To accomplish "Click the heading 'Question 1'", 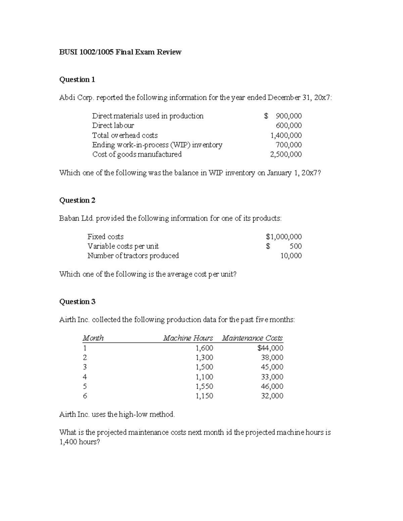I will pyautogui.click(x=77, y=80).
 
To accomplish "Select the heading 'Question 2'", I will pyautogui.click(x=77, y=200).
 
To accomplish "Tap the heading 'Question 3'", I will pyautogui.click(x=77, y=302).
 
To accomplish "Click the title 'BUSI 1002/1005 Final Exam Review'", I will pyautogui.click(x=120, y=52).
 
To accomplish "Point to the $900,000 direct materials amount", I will pyautogui.click(x=283, y=116).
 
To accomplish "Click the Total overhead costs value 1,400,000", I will pyautogui.click(x=286, y=135).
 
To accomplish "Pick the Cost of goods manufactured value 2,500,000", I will pyautogui.click(x=286, y=154).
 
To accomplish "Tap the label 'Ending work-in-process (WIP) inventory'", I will pyautogui.click(x=157, y=145).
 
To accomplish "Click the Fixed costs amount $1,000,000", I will pyautogui.click(x=284, y=237).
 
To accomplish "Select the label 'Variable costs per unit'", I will pyautogui.click(x=123, y=246).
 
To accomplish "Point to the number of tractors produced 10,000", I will pyautogui.click(x=291, y=256).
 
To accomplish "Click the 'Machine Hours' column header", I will pyautogui.click(x=188, y=338).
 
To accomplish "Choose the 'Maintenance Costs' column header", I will pyautogui.click(x=252, y=338).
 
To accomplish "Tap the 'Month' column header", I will pyautogui.click(x=93, y=338).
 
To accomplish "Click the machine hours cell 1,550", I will pyautogui.click(x=204, y=386).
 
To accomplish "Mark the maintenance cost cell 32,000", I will pyautogui.click(x=272, y=396).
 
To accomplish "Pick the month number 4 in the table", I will pyautogui.click(x=85, y=377).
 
